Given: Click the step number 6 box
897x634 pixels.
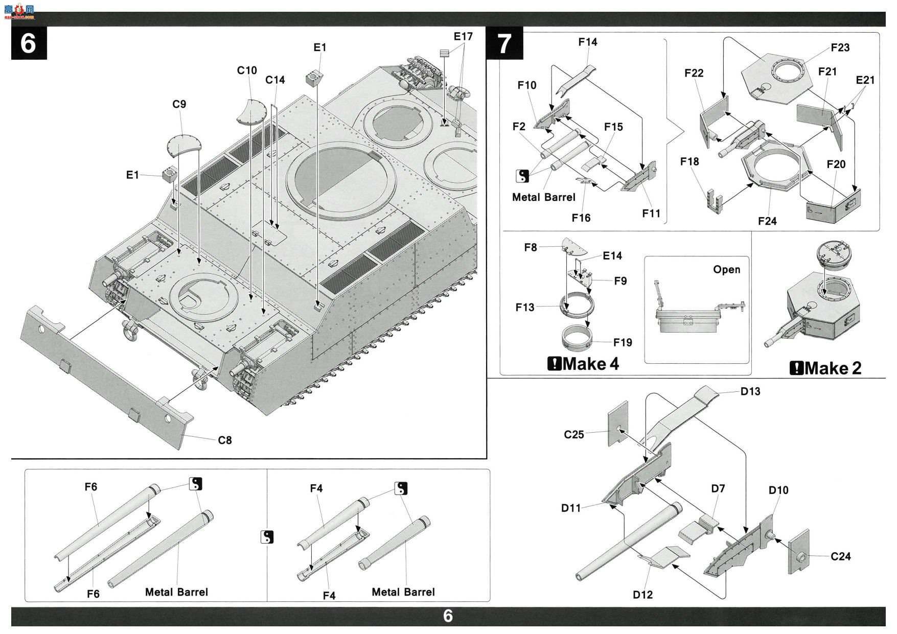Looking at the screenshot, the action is click(29, 43).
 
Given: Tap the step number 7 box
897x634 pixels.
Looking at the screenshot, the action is click(505, 43).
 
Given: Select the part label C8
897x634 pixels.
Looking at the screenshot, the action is click(225, 440).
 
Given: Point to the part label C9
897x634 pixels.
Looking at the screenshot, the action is click(179, 104).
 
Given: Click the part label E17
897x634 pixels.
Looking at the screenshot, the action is click(463, 37).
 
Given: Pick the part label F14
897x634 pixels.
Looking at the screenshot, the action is click(588, 42).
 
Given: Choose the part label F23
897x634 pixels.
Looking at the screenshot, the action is click(840, 48).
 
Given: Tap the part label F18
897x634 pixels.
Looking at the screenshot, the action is click(689, 161).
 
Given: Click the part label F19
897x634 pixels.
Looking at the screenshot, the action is click(623, 342).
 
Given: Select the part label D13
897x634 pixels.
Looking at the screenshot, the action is click(750, 391).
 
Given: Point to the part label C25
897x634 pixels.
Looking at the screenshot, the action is click(574, 435).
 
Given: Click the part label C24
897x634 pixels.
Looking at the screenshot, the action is click(841, 556).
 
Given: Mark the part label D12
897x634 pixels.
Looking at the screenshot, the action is click(642, 595).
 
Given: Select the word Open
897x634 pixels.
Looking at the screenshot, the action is click(727, 270).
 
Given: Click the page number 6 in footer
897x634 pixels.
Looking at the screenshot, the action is click(448, 616).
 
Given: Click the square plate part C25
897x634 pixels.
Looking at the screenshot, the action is click(618, 423).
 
